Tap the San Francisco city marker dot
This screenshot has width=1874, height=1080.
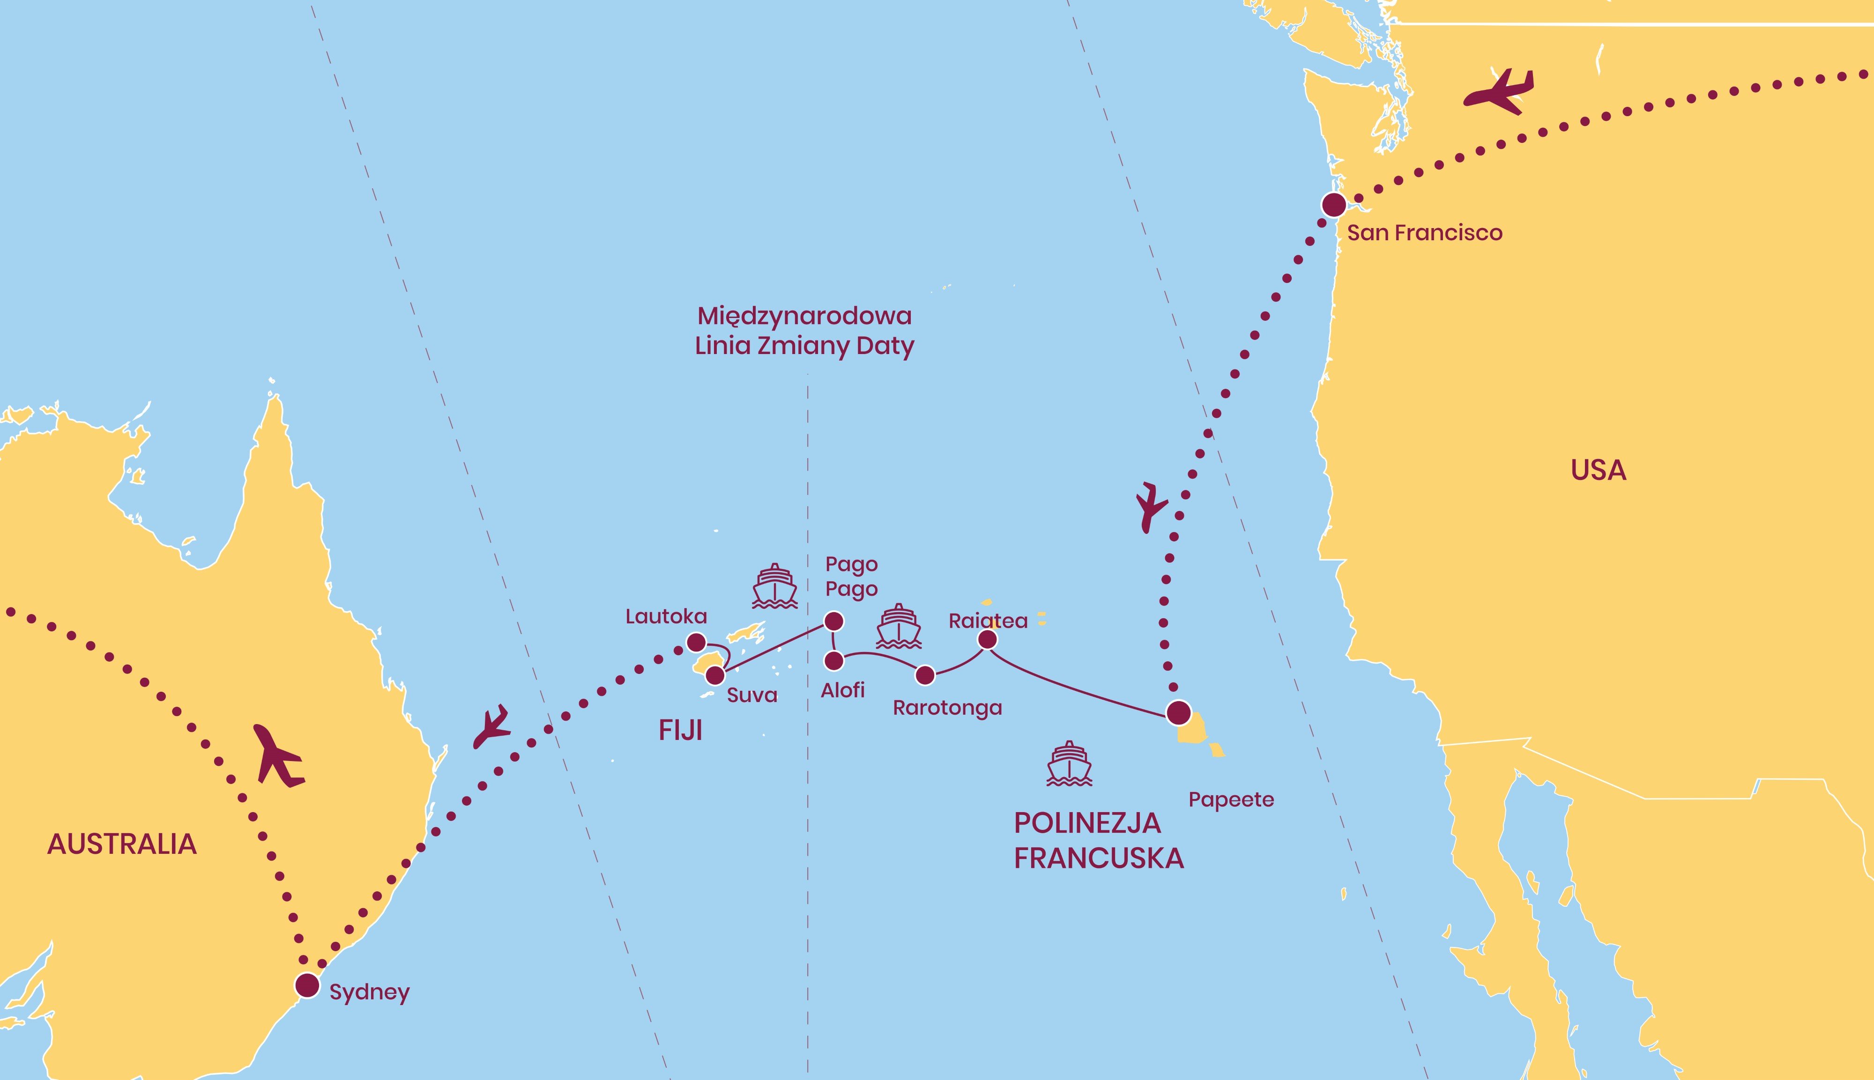1334,205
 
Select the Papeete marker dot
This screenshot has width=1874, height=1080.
1179,713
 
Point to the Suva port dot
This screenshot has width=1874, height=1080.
714,675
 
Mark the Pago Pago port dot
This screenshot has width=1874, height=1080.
834,621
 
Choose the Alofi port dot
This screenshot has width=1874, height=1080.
834,660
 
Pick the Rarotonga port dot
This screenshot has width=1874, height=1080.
925,675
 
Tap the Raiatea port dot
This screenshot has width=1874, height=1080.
988,639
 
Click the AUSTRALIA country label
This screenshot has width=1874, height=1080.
122,844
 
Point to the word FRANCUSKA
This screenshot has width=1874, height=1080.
1099,858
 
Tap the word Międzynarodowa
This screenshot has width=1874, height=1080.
804,317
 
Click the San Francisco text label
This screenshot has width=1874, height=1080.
1424,233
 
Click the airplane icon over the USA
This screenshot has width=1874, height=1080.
1499,92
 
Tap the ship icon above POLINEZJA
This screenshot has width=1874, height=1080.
1069,763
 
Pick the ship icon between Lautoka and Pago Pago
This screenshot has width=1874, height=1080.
774,586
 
